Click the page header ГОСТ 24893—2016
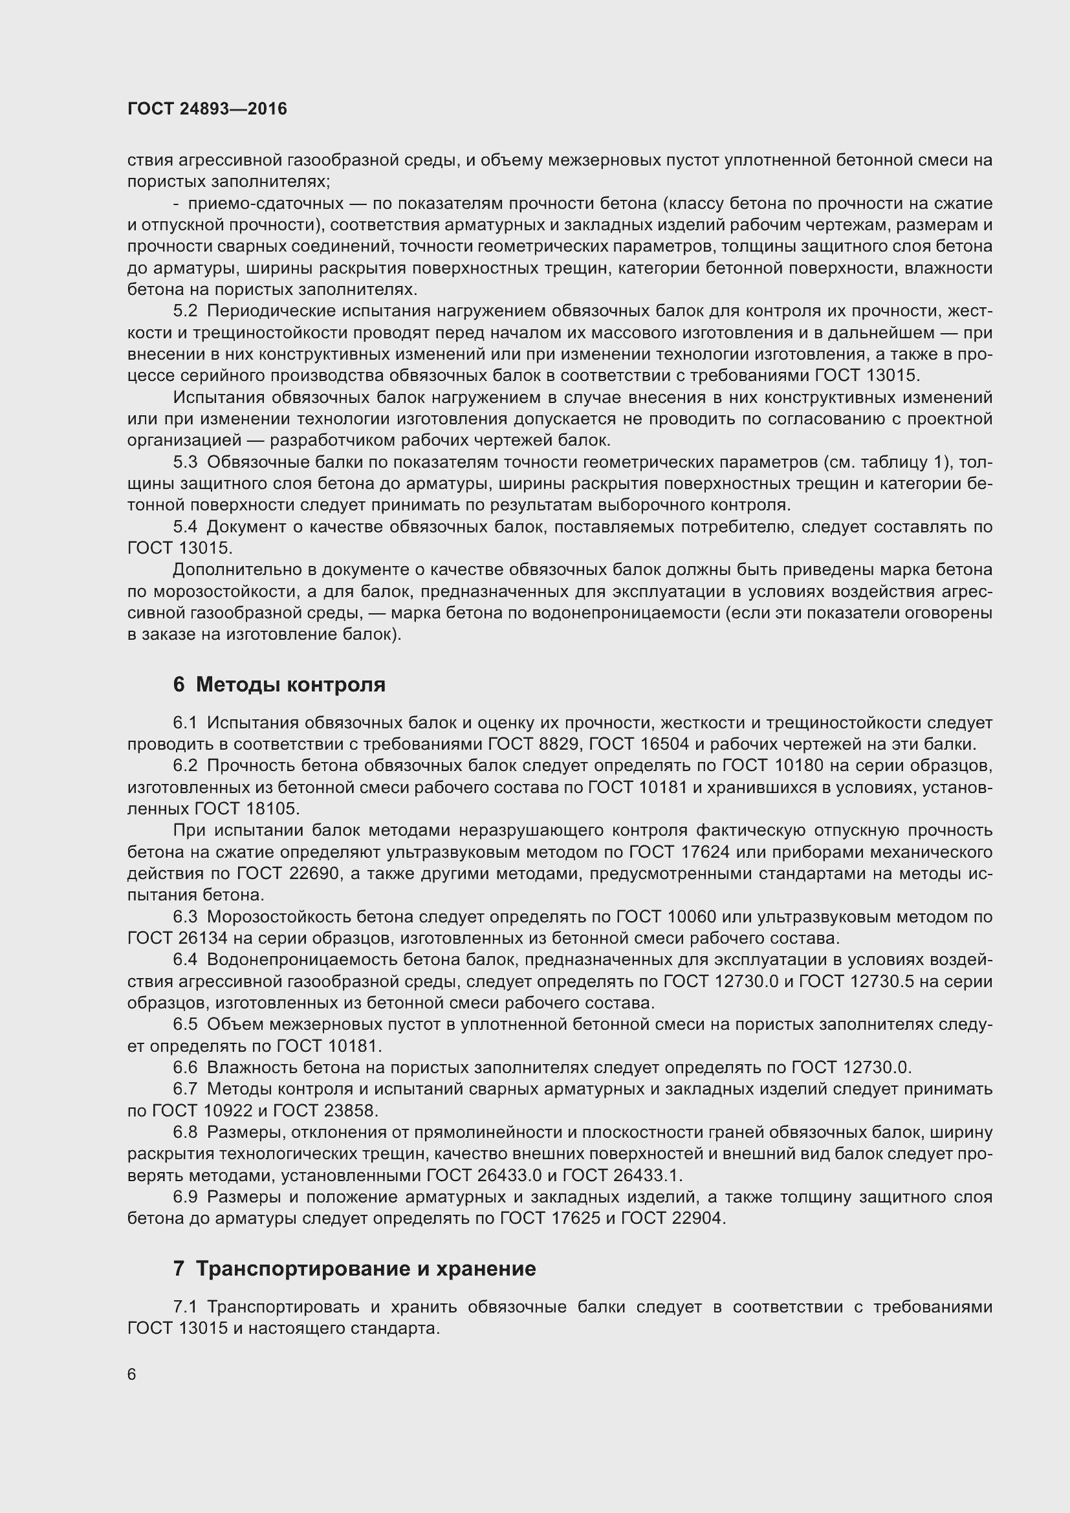tap(207, 109)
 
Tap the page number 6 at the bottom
tap(132, 1374)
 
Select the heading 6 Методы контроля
tap(279, 684)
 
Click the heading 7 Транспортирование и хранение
tap(354, 1268)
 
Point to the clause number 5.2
tap(185, 311)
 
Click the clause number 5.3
tap(185, 462)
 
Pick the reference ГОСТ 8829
tap(534, 745)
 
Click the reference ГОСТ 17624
tap(679, 852)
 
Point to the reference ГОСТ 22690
tap(287, 874)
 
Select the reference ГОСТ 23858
tap(324, 1111)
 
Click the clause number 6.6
tap(185, 1067)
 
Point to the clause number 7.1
tap(185, 1307)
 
